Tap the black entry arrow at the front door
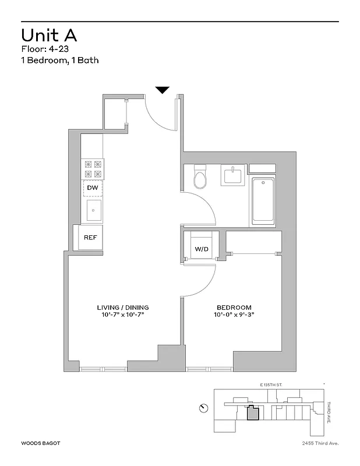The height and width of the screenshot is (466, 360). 163,90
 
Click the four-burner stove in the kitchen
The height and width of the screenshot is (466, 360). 93,169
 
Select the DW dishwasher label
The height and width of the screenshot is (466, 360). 92,188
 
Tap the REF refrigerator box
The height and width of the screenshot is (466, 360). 90,238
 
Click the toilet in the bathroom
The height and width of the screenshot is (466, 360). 200,178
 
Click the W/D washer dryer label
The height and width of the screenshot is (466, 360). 201,249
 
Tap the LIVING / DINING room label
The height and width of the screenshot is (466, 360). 123,307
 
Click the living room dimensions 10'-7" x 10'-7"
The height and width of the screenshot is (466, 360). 123,315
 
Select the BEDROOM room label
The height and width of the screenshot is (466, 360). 234,307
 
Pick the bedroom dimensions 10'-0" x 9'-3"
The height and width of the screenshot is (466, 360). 234,315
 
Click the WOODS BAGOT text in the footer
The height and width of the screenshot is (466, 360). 40,443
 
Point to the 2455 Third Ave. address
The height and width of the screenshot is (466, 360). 316,443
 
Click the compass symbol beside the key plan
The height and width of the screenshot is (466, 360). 203,407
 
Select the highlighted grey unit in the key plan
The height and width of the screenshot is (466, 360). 253,413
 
